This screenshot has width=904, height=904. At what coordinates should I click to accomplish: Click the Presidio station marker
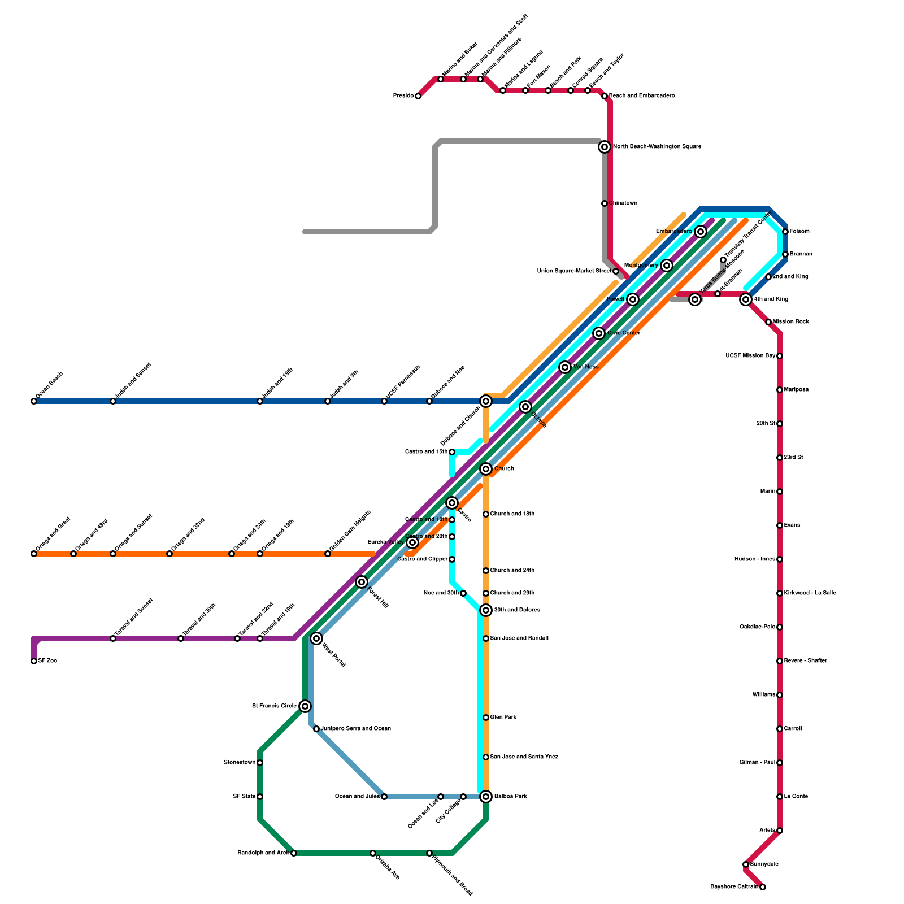tap(418, 96)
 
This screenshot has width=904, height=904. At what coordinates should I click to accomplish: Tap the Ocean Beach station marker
tap(34, 401)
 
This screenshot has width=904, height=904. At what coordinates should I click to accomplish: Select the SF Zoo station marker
tap(34, 661)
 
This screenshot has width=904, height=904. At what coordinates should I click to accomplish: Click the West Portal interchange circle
tap(316, 638)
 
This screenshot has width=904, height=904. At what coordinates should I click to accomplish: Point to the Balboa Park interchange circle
tap(486, 797)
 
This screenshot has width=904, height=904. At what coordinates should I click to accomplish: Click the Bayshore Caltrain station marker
tap(763, 887)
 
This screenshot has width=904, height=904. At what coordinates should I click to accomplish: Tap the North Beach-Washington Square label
tap(657, 147)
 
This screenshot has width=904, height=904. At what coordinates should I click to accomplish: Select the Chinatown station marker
tap(605, 203)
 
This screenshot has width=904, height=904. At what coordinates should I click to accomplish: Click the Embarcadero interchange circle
tap(701, 232)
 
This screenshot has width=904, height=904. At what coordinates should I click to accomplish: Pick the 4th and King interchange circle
tap(746, 299)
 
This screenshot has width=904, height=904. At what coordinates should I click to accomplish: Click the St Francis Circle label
tap(274, 706)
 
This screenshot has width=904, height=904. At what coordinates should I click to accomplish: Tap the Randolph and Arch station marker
tap(294, 853)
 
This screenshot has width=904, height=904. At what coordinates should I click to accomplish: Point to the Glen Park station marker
tap(486, 718)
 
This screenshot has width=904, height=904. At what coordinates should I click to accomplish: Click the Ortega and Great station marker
tap(34, 554)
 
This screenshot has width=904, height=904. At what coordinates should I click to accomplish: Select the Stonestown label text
tap(240, 763)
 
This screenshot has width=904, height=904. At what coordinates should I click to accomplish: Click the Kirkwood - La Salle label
tap(810, 593)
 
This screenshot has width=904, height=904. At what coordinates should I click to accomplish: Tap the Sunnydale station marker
tap(746, 864)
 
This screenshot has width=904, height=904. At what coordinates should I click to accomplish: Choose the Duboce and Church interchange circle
tap(486, 401)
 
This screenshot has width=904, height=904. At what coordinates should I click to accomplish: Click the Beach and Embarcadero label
tap(641, 96)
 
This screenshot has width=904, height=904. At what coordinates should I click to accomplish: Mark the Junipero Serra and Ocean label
tap(356, 729)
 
